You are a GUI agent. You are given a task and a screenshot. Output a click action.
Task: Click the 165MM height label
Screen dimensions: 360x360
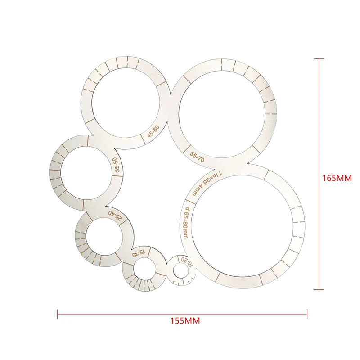(337, 178)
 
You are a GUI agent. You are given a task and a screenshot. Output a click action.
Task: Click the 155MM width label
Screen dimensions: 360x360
(185, 320)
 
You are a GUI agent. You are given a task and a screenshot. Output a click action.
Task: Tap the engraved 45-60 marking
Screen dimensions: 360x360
(153, 131)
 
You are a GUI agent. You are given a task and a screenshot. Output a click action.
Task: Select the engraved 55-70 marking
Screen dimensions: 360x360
(197, 157)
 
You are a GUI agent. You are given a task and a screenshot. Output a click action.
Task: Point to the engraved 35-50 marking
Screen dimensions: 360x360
(117, 165)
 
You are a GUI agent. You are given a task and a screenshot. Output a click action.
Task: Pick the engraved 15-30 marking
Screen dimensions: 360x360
(139, 253)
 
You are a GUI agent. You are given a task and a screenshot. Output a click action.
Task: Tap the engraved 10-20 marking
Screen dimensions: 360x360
(187, 261)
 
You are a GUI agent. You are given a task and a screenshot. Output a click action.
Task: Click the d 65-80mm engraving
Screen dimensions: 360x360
(185, 222)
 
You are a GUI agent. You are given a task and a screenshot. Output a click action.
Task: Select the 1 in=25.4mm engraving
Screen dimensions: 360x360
(207, 184)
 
